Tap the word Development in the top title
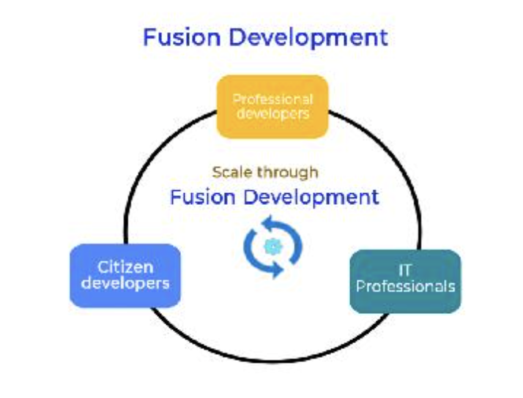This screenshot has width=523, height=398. point(303,38)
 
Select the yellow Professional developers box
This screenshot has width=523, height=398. point(272,106)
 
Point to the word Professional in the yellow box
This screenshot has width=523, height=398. point(272,99)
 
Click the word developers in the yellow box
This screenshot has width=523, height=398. point(272,114)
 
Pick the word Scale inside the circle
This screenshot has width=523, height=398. point(230,173)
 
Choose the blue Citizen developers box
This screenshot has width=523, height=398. point(125,275)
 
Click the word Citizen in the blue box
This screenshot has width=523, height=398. point(125,267)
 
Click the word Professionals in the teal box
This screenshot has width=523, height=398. point(405,286)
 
